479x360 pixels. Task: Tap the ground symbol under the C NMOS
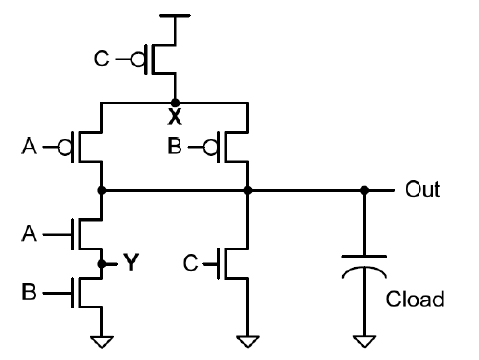pos(247,341)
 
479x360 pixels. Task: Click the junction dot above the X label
pos(176,101)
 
